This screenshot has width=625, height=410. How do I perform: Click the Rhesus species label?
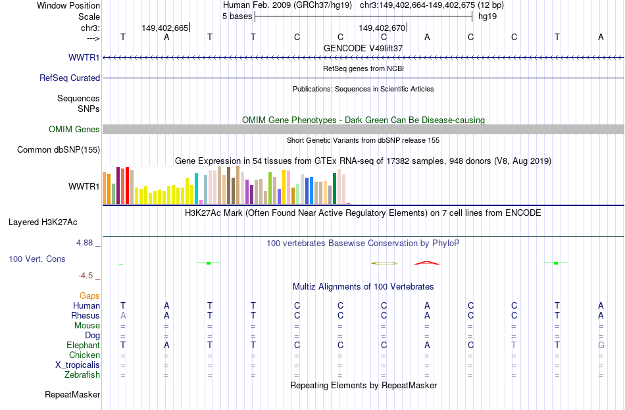point(86,315)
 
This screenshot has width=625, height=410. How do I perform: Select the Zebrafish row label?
point(82,375)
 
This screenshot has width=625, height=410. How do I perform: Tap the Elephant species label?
point(83,345)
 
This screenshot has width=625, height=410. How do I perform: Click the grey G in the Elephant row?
point(601,345)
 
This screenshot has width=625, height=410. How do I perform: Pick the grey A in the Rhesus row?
point(123,315)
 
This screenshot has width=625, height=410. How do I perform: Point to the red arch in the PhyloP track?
point(426,263)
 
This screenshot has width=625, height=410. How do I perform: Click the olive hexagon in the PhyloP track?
point(384,263)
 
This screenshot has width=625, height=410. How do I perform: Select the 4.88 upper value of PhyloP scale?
point(84,243)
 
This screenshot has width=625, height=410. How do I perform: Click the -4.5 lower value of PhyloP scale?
point(86,276)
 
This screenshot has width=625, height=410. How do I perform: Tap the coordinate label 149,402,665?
point(164,28)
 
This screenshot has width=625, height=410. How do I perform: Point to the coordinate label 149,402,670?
point(382,28)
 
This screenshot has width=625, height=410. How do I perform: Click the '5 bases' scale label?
point(237,16)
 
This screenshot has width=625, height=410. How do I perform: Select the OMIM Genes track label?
point(74,129)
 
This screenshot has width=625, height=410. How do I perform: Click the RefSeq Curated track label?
point(69,78)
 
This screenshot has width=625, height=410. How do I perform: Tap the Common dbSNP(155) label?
point(58,149)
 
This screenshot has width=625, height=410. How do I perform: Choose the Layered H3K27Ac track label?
point(43,222)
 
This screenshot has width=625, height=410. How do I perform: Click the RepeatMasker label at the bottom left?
point(72,394)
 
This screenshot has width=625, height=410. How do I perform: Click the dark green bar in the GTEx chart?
point(334,189)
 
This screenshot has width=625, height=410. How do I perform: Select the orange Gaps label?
point(89,296)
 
